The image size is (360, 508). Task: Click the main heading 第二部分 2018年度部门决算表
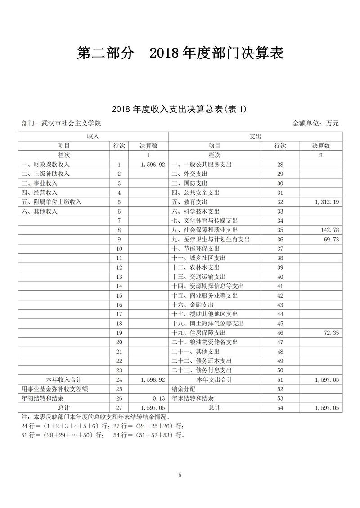coord(180,53)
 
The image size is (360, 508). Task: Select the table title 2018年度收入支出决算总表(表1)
coord(180,109)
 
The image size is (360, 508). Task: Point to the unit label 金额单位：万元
coord(315,123)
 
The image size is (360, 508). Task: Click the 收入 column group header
coord(93,136)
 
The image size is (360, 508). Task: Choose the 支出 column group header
coord(255,136)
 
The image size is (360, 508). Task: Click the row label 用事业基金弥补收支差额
coord(54,389)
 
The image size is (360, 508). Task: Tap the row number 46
coord(280,333)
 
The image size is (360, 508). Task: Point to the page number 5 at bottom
coord(180,475)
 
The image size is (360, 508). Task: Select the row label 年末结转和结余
coord(193,398)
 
